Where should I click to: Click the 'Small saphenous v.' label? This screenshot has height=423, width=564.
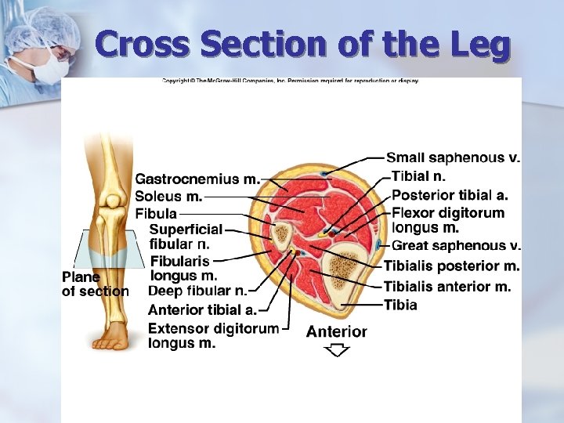(453, 158)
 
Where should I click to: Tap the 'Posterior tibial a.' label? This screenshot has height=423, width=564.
(450, 195)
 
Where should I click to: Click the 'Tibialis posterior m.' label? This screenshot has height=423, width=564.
(451, 266)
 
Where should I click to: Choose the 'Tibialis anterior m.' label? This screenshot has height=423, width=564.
(447, 287)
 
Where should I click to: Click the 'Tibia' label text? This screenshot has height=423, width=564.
(400, 305)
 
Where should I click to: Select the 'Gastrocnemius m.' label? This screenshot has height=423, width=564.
(197, 179)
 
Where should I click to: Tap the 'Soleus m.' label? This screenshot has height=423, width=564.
(168, 196)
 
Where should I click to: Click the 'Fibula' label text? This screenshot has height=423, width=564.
(156, 213)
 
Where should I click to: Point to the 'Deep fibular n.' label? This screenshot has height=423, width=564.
(197, 291)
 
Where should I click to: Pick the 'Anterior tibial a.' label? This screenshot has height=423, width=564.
(202, 309)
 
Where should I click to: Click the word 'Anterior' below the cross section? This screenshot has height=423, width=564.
(336, 331)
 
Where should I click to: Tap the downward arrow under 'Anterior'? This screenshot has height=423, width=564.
(336, 350)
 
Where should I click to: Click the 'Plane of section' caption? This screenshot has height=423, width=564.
(95, 284)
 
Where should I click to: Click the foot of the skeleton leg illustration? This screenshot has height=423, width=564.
(112, 338)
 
